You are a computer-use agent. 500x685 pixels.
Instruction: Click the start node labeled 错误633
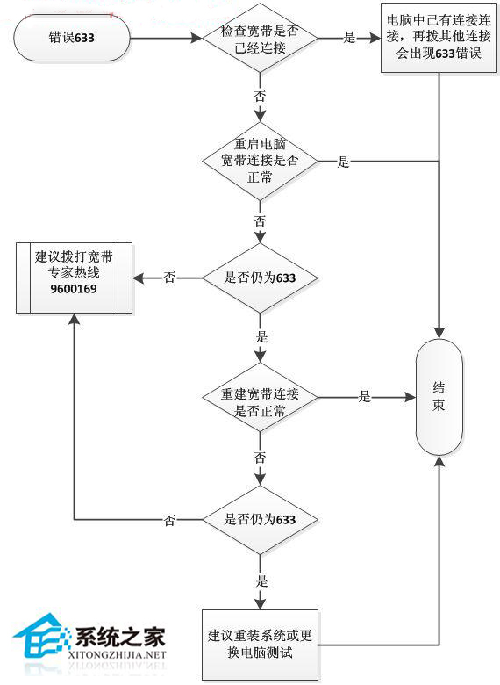[73, 39]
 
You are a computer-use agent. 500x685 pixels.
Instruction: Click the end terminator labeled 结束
[439, 397]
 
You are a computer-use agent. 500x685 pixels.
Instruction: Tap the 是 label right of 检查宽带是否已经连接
[349, 39]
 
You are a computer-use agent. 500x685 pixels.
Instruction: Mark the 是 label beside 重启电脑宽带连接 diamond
[344, 162]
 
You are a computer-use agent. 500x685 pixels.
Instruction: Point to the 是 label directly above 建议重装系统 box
[260, 581]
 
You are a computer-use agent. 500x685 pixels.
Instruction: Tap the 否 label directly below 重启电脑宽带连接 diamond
[260, 220]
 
